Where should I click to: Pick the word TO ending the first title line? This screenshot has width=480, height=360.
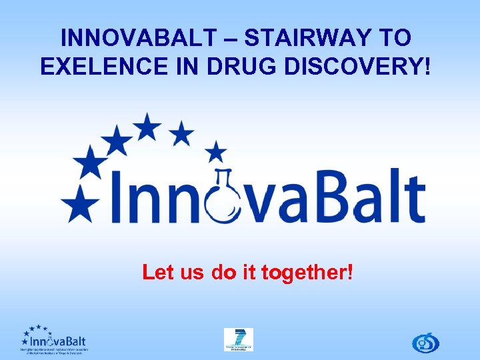point(394,37)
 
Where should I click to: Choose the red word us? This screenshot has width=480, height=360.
point(192,272)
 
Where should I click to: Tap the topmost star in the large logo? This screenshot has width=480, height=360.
point(147,125)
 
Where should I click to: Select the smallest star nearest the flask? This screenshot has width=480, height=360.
point(215,151)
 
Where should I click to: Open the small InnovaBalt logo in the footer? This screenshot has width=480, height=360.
point(53,339)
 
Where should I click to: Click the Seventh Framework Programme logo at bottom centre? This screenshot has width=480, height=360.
point(238,339)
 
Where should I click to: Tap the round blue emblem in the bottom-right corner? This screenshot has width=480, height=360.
point(425,342)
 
